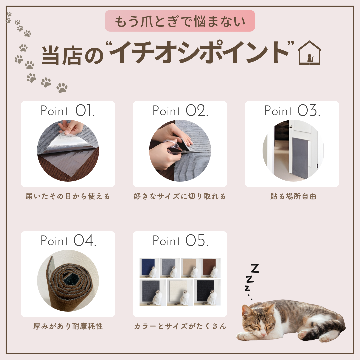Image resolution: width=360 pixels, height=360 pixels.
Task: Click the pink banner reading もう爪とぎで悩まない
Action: (180, 21)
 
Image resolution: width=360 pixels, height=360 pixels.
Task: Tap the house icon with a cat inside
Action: (309, 53)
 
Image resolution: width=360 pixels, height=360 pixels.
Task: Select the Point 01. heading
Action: (67, 111)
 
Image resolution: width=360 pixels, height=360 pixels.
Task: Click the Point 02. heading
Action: (180, 111)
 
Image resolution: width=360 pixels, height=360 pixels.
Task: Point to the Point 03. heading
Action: (292, 111)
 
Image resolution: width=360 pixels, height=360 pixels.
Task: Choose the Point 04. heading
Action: (68, 241)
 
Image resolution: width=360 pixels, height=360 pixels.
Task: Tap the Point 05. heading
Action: (180, 241)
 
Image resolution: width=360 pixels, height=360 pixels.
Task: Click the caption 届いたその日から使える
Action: (68, 196)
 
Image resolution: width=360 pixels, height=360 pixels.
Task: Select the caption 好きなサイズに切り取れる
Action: (180, 196)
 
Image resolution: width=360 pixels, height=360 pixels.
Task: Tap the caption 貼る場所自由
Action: (293, 196)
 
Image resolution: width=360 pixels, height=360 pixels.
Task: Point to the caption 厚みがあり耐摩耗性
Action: (68, 326)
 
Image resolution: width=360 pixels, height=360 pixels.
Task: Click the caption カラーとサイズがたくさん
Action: (180, 326)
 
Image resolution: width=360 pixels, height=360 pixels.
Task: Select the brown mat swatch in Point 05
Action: (209, 266)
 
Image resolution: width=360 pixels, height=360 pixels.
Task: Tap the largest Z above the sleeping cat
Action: (254, 269)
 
